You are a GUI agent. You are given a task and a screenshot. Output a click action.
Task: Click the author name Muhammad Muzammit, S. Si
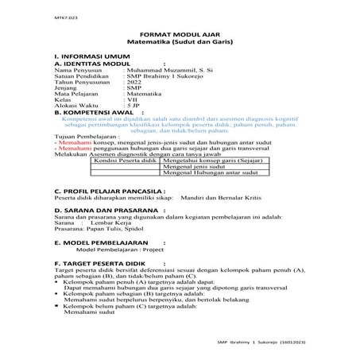point(168,72)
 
